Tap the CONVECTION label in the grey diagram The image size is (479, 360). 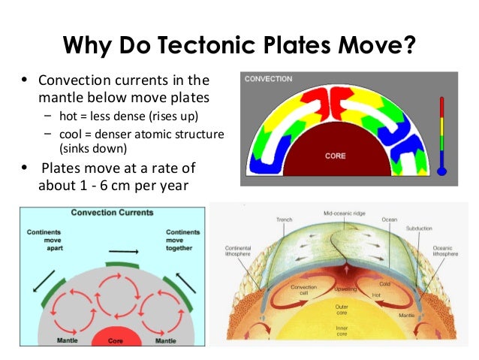click(x=268, y=79)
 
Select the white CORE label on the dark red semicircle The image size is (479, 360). click(x=335, y=156)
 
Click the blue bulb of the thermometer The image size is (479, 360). click(x=441, y=171)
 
